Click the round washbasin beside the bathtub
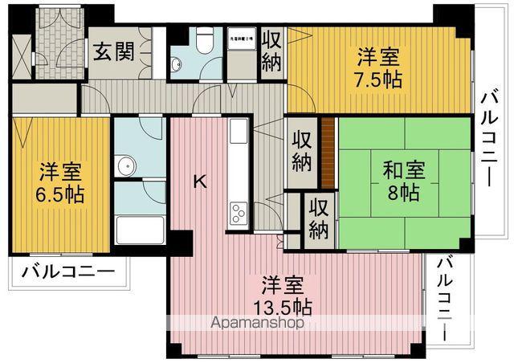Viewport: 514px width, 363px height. pos(125,167)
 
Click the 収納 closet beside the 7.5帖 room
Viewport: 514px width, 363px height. pos(271,51)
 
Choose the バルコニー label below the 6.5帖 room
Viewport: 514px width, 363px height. pos(68,271)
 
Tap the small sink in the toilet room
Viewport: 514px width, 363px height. pos(177,64)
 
